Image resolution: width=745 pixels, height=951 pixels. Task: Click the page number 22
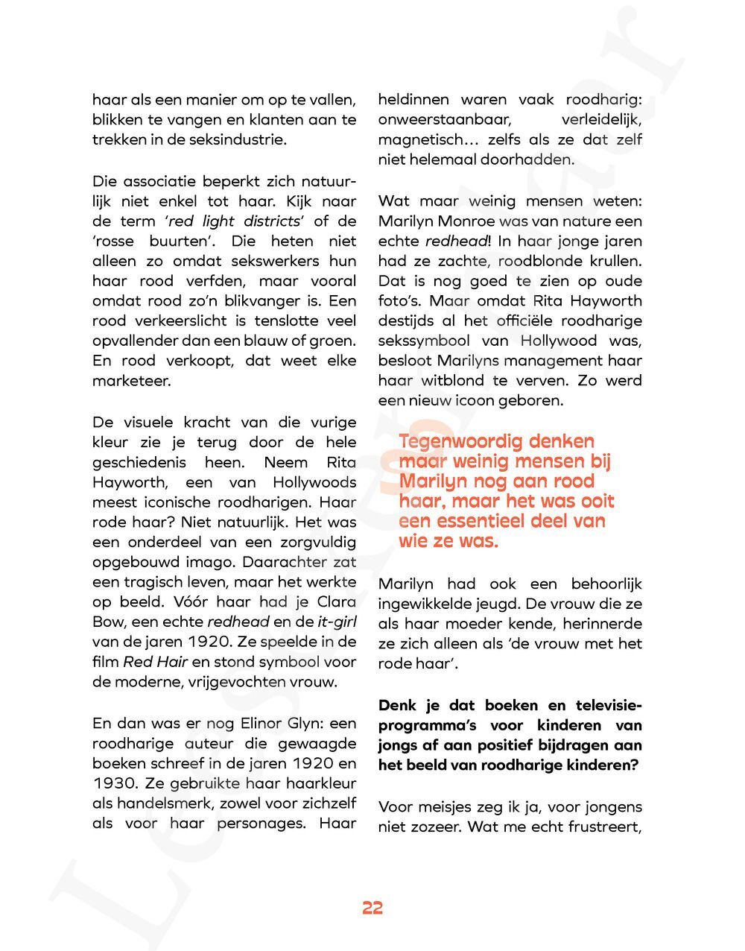click(x=372, y=908)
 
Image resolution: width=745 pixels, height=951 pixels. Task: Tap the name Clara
click(x=337, y=602)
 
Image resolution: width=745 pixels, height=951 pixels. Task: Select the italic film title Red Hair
click(x=155, y=663)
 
